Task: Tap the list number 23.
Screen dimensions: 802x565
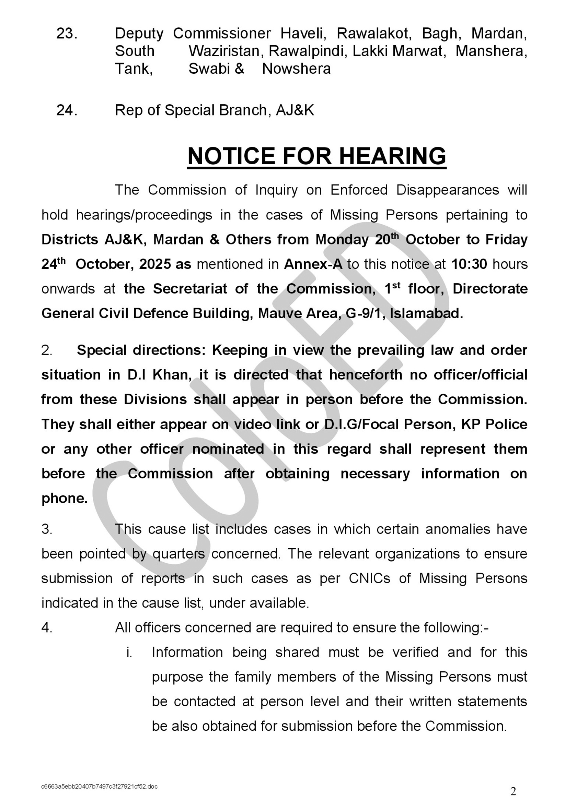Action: (x=67, y=34)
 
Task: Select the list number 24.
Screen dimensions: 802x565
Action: (x=67, y=110)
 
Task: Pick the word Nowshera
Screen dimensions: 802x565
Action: (x=296, y=69)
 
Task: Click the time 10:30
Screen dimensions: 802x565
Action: (x=469, y=264)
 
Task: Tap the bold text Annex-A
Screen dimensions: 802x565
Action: (x=313, y=264)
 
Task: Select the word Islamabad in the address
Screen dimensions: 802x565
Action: (x=426, y=313)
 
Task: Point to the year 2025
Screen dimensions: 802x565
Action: (x=155, y=264)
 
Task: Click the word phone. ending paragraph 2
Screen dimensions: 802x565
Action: (x=64, y=499)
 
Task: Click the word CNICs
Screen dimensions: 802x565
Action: (x=370, y=578)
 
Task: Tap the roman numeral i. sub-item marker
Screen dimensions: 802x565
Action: (x=129, y=653)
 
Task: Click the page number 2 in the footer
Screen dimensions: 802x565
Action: (x=513, y=791)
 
